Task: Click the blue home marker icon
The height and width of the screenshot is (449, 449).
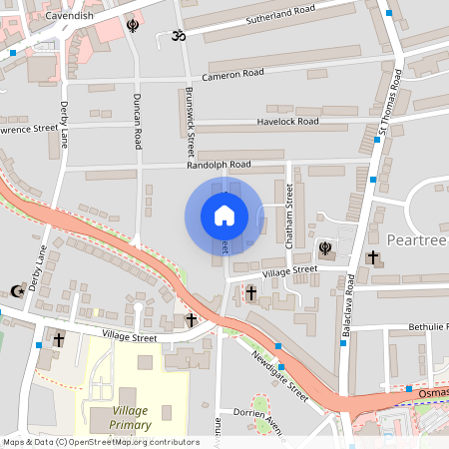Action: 224,216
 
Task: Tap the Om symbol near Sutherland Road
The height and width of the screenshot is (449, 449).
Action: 181,36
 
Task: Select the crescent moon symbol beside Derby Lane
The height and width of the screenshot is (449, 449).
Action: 16,290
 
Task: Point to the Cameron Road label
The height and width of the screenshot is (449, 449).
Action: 232,74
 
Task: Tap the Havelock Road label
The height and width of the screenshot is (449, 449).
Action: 287,122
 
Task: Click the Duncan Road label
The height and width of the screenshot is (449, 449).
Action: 137,121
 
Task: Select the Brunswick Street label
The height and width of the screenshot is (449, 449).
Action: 191,119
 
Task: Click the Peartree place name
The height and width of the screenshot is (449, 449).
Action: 412,240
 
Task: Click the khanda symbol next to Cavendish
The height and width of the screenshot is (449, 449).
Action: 133,25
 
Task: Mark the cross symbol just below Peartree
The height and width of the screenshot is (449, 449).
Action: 373,257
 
